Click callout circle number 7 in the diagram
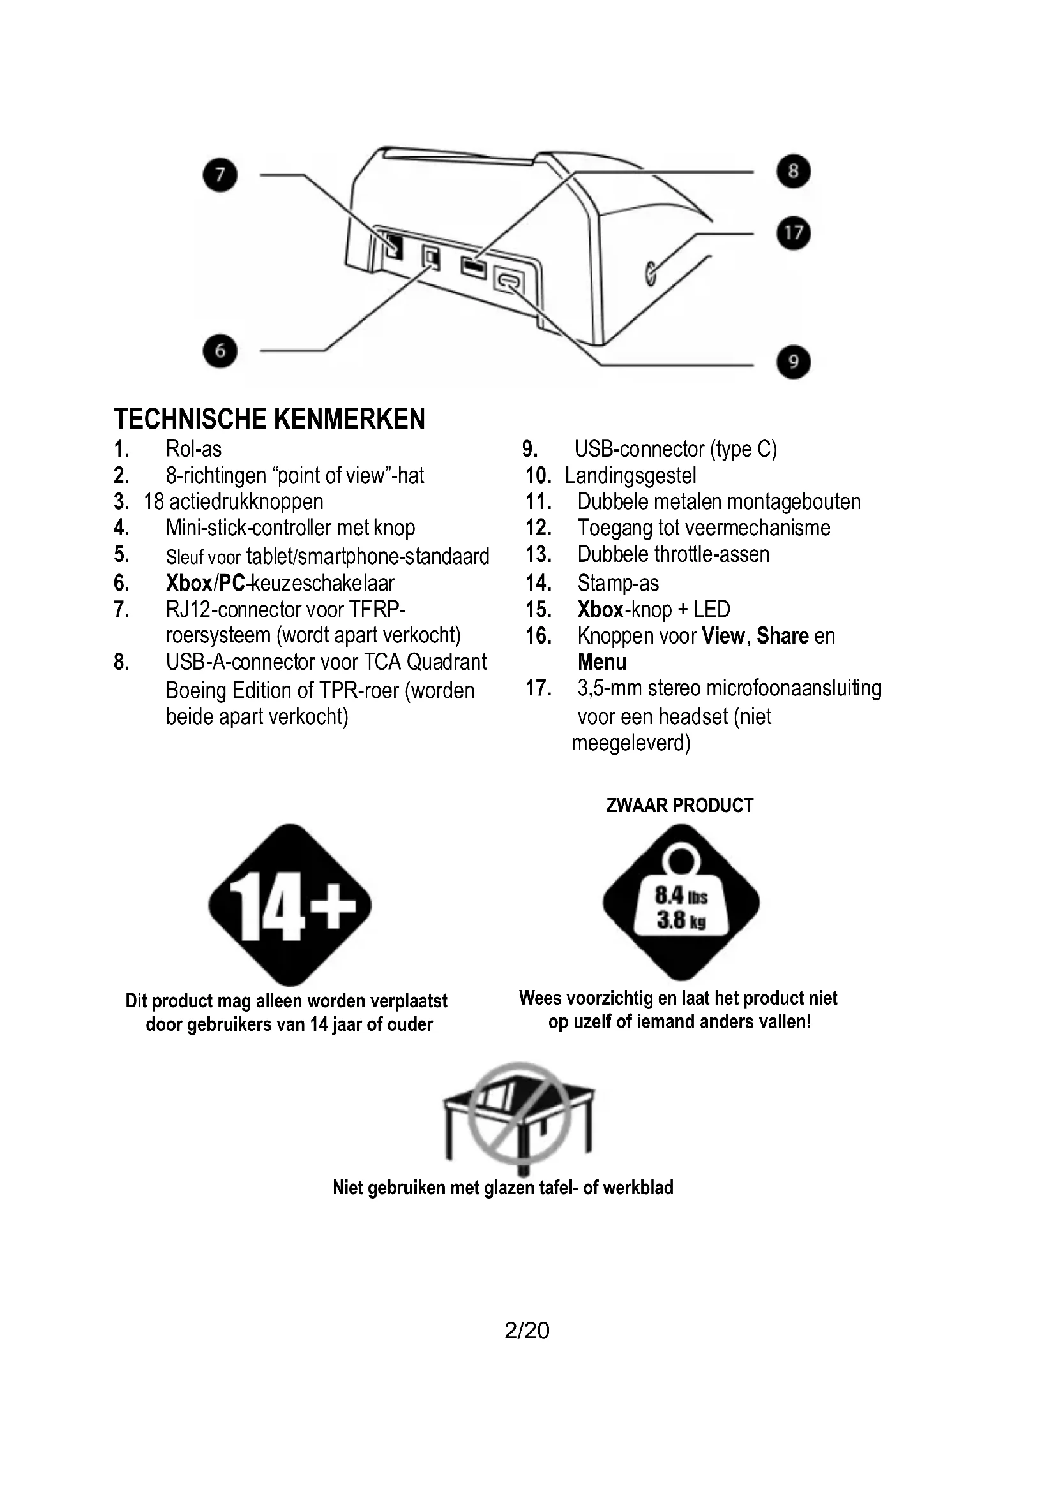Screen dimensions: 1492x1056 pos(220,175)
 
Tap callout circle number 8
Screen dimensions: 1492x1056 pos(794,172)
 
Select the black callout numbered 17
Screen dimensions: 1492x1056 pos(794,233)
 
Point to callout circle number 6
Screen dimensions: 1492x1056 pos(220,351)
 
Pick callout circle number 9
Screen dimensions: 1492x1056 pos(794,362)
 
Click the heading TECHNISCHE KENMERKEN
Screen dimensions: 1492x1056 pos(269,419)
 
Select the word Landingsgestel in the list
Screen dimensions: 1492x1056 pos(630,476)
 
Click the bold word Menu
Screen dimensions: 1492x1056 pos(602,662)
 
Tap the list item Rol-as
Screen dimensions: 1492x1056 pos(194,449)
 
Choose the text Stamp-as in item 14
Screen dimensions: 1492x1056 pos(618,584)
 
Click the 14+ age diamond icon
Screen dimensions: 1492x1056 pos(290,905)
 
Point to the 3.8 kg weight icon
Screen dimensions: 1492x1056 pos(681,903)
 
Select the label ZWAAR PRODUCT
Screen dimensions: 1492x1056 pos(679,806)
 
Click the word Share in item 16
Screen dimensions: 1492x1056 pos(782,635)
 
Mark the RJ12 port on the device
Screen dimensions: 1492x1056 pos(392,246)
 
